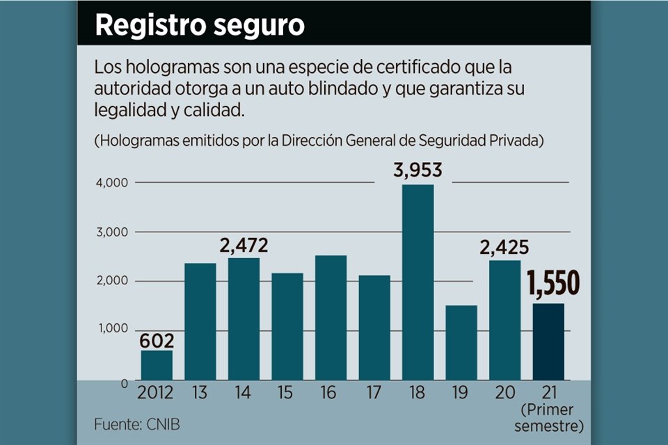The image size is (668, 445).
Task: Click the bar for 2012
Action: pos(157,365)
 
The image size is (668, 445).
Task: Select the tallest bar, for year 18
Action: pos(417,282)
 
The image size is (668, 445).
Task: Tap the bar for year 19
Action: pos(461,343)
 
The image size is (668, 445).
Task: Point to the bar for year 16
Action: pos(331,318)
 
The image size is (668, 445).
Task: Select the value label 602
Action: pos(157,341)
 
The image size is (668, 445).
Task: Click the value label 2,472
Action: pos(244,245)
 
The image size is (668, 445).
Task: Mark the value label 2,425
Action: pos(504,248)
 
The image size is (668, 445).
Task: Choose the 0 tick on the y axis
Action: pos(125,382)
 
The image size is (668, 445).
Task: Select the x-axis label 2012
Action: pos(157,394)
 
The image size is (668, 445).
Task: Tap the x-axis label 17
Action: pos(374,394)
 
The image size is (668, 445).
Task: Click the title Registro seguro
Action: pos(200,25)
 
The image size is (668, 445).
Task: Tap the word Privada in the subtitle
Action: pos(516,140)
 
